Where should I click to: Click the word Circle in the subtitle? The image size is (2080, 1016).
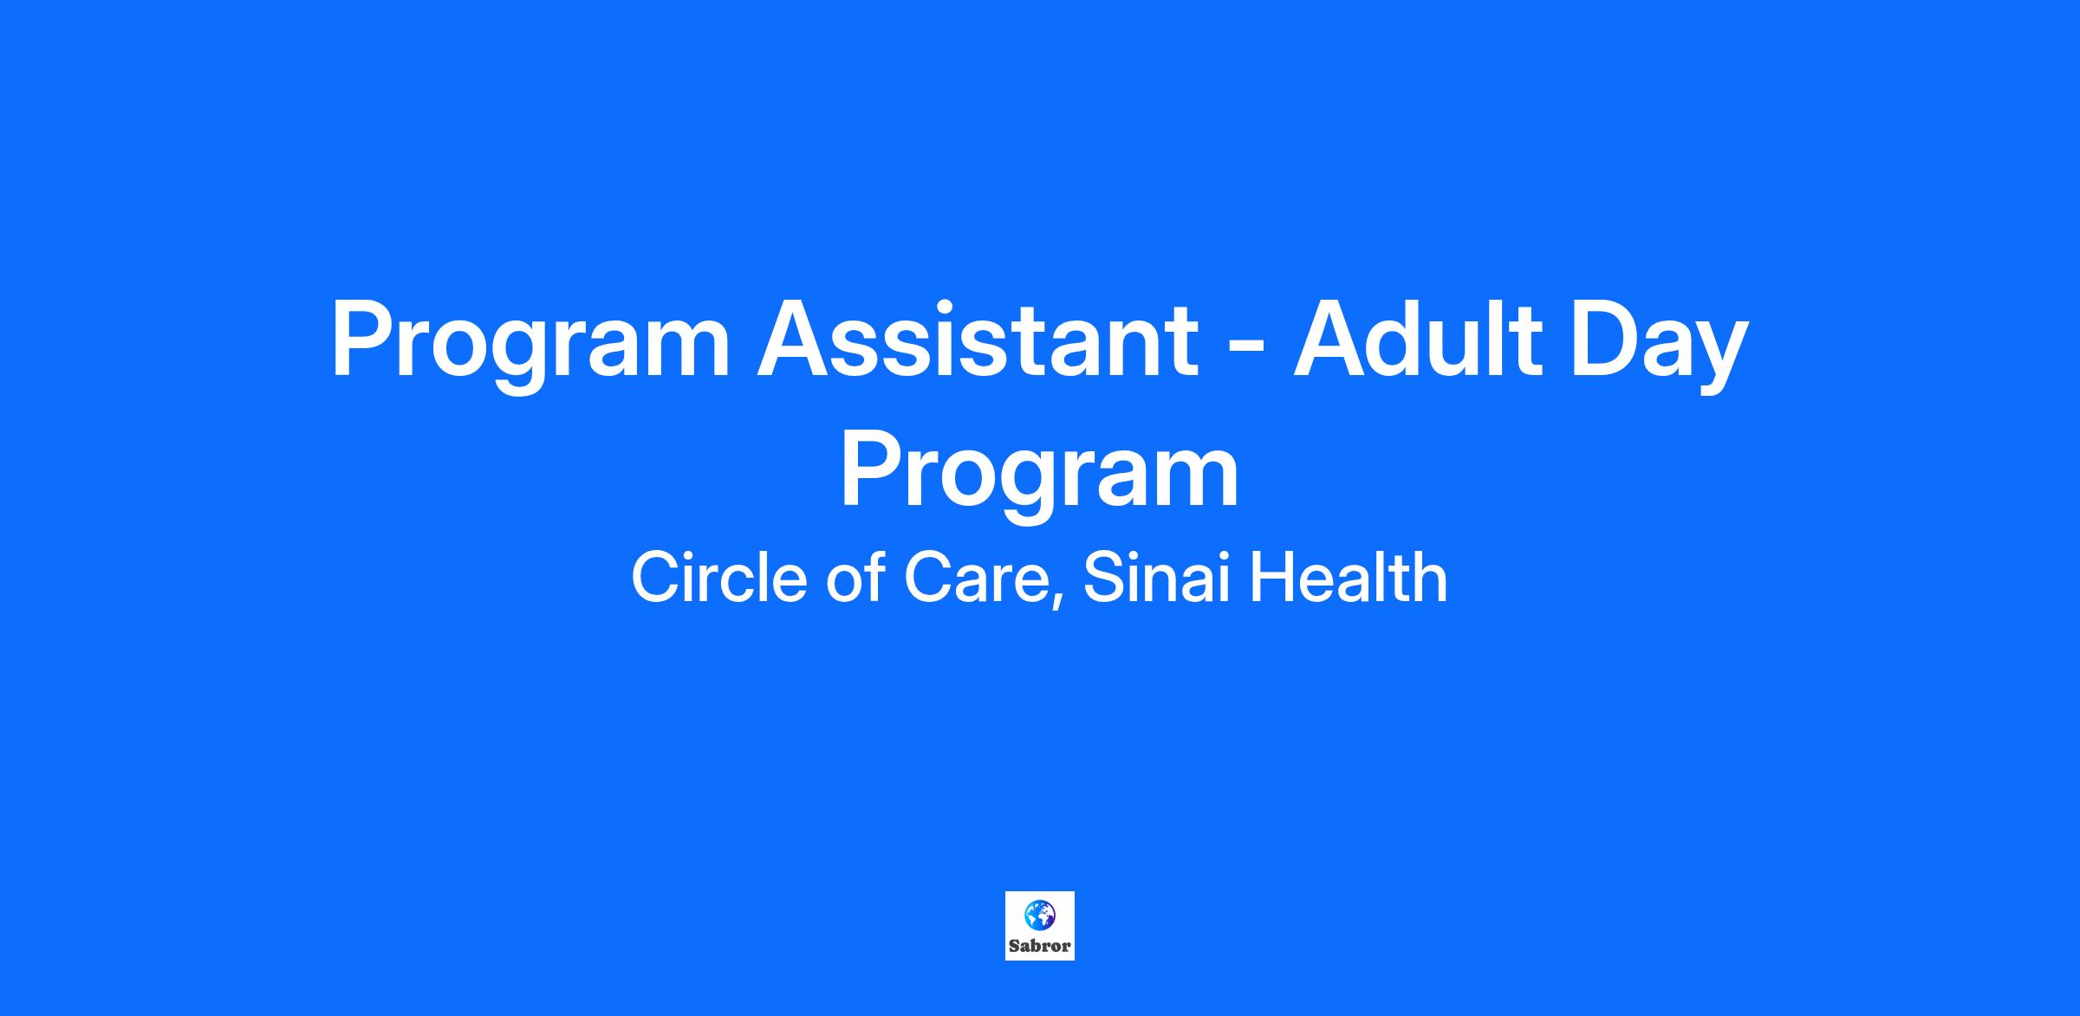click(722, 577)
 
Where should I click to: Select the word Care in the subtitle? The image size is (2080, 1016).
click(974, 578)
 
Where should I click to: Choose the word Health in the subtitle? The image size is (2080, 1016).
click(1349, 577)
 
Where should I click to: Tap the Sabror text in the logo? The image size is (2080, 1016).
click(1040, 946)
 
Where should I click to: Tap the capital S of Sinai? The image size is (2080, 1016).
click(1103, 578)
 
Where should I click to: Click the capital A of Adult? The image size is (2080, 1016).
click(1333, 338)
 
